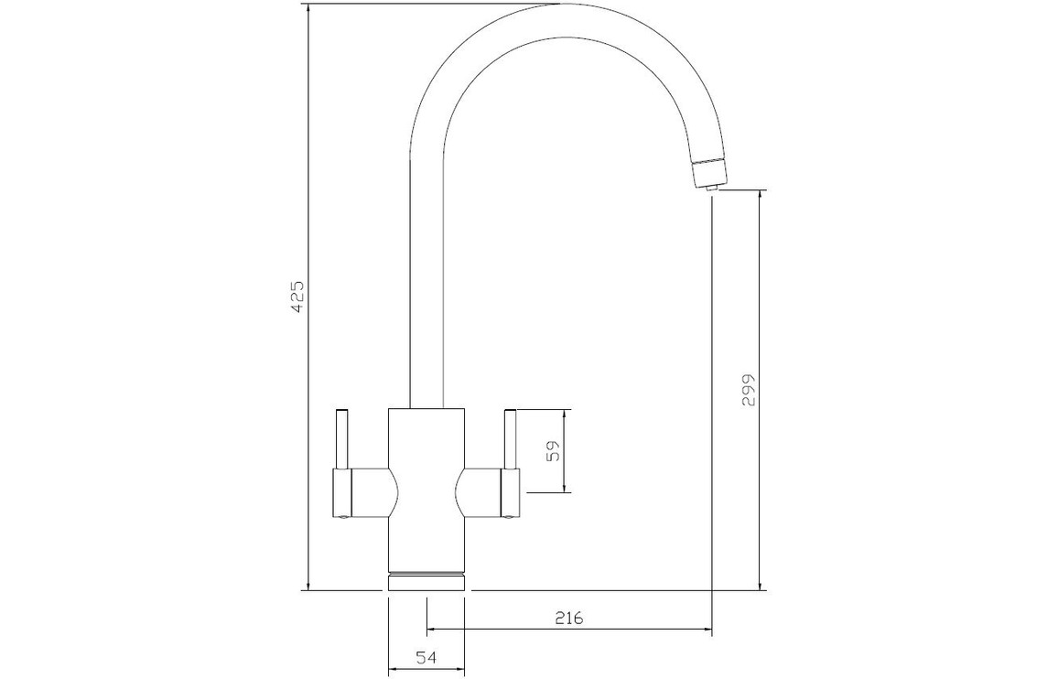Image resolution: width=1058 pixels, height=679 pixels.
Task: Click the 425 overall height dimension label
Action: [298, 296]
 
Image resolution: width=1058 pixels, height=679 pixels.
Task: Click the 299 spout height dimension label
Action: [749, 390]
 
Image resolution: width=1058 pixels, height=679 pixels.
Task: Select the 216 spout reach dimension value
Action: [568, 618]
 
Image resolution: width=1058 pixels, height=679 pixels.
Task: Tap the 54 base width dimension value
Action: [426, 657]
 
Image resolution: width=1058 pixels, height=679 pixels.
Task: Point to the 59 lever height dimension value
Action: [554, 451]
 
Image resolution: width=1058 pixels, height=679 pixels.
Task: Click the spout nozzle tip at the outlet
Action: [709, 188]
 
